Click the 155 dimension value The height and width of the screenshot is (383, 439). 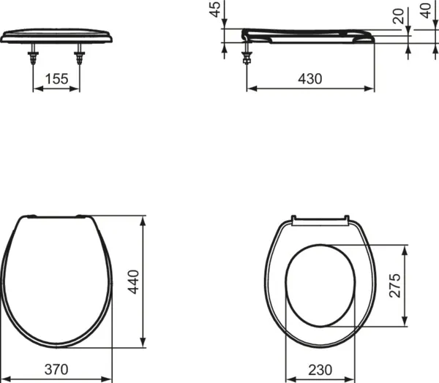pyautogui.click(x=56, y=79)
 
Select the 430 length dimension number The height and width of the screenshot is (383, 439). pyautogui.click(x=309, y=79)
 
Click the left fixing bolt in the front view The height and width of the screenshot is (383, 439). pyautogui.click(x=34, y=57)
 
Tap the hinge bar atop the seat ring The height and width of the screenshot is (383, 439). pyautogui.click(x=318, y=218)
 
